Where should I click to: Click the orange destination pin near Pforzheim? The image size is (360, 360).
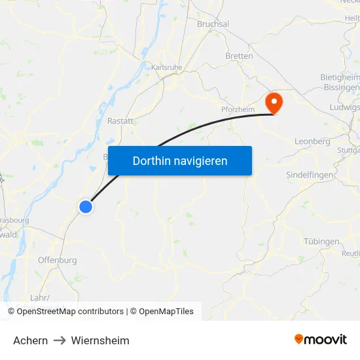click(272, 103)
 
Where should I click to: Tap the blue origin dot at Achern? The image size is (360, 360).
click(86, 207)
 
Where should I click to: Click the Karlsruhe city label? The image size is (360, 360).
click(166, 67)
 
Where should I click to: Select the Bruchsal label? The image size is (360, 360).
click(213, 24)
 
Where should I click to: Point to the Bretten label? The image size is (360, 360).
click(239, 56)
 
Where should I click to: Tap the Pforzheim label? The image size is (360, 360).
click(237, 110)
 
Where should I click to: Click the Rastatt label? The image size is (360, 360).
click(120, 121)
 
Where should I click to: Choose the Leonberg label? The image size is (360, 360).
click(312, 141)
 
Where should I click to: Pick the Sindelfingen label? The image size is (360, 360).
click(310, 175)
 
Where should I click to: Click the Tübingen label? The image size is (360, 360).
click(321, 242)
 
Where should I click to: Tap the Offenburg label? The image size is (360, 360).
click(57, 260)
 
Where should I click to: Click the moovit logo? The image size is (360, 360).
click(321, 339)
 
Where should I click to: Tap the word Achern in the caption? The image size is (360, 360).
click(30, 340)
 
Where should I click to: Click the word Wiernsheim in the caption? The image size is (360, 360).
click(100, 340)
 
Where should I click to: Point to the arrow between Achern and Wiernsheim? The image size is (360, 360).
click(60, 340)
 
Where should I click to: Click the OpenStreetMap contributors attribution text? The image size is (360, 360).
click(70, 312)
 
